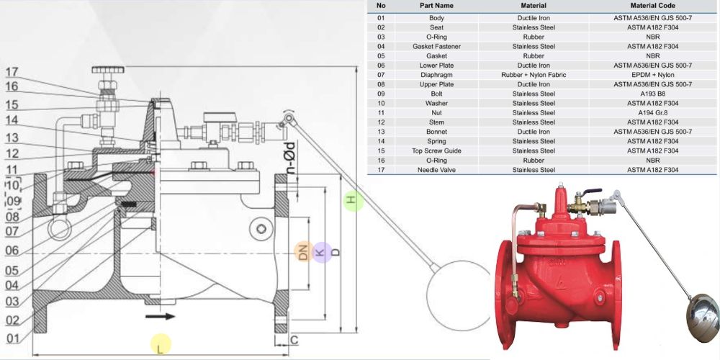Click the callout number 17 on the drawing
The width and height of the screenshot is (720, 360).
tap(12, 72)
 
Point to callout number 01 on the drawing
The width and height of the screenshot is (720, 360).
tap(13, 339)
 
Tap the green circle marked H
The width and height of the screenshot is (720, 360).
tap(353, 201)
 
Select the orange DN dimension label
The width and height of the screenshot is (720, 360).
tap(304, 251)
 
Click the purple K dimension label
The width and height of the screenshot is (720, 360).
tap(322, 252)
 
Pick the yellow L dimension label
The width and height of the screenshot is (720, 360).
tap(161, 344)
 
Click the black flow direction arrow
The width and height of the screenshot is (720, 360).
tap(161, 316)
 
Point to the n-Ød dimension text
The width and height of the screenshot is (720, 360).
tap(291, 158)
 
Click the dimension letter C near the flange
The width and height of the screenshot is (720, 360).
tap(294, 341)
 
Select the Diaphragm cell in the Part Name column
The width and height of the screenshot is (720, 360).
tap(436, 75)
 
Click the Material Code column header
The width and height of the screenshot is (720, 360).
tap(652, 6)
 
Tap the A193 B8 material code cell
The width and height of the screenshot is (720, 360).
tap(652, 94)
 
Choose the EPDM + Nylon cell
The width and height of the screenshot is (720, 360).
tap(652, 75)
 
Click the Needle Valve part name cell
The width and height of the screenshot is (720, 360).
tap(436, 170)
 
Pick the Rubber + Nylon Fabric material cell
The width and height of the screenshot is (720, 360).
tap(534, 75)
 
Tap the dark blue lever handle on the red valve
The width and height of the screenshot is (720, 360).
tap(593, 192)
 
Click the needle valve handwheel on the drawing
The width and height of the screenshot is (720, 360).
tap(108, 70)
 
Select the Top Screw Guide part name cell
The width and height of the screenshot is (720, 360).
tap(436, 151)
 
